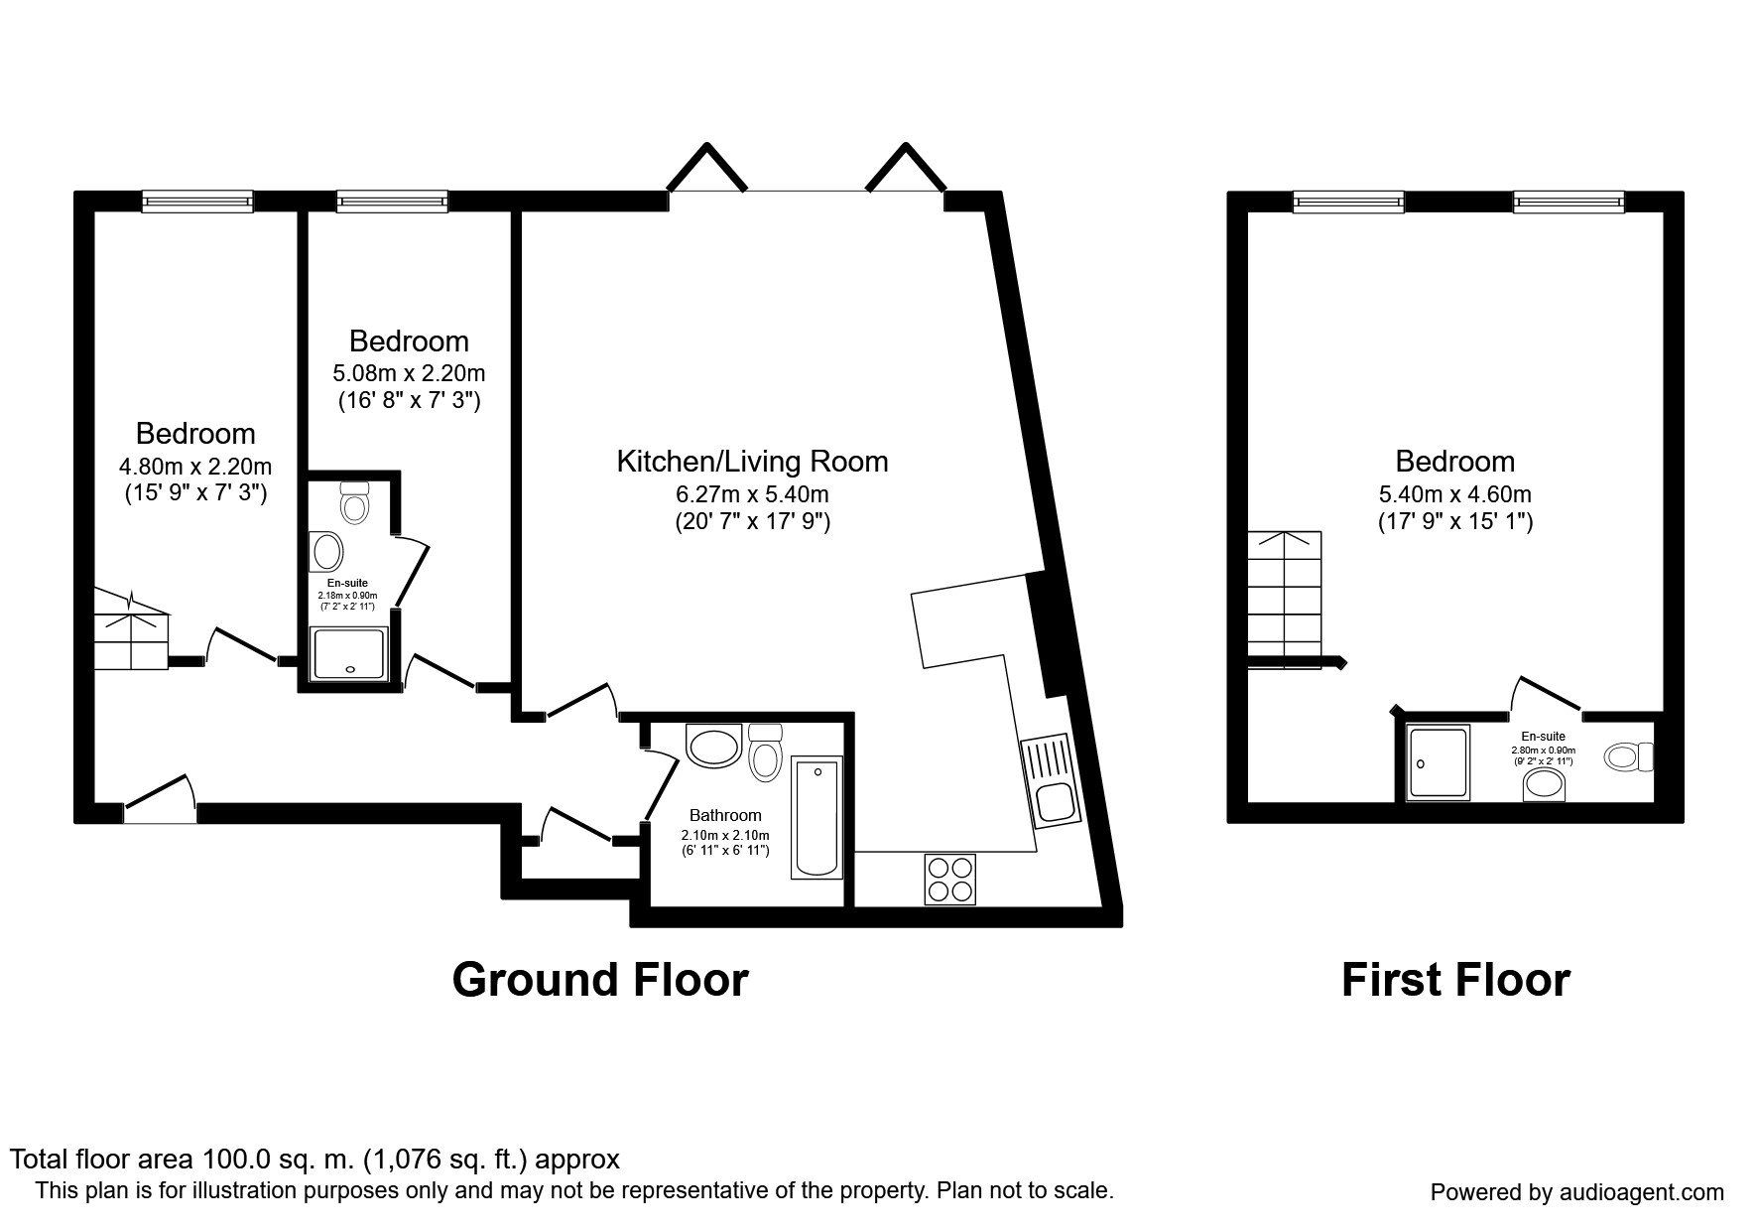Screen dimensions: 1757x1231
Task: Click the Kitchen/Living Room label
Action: pyautogui.click(x=752, y=461)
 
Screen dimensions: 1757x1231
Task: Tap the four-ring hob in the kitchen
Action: pyautogui.click(x=948, y=879)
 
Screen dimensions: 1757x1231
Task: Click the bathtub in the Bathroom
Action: pyautogui.click(x=816, y=817)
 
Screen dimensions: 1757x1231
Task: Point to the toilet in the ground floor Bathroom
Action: pyautogui.click(x=764, y=752)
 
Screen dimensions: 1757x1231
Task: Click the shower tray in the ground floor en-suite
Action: pyautogui.click(x=347, y=654)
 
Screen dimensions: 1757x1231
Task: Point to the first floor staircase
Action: pyautogui.click(x=1286, y=600)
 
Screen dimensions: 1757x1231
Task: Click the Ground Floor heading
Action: pyautogui.click(x=600, y=979)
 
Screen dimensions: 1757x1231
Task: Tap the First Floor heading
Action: pyautogui.click(x=1455, y=979)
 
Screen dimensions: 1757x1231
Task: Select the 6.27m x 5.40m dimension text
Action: pyautogui.click(x=752, y=493)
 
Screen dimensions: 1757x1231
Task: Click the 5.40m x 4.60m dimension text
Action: pyautogui.click(x=1455, y=493)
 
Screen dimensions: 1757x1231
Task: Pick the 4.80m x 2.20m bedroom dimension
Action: pyautogui.click(x=195, y=466)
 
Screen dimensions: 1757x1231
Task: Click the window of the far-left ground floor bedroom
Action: pyautogui.click(x=197, y=202)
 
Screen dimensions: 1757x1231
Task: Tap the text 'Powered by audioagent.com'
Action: pyautogui.click(x=1577, y=1192)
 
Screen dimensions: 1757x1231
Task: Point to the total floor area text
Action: pyautogui.click(x=314, y=1159)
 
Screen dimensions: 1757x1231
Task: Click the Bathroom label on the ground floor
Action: pyautogui.click(x=725, y=815)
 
